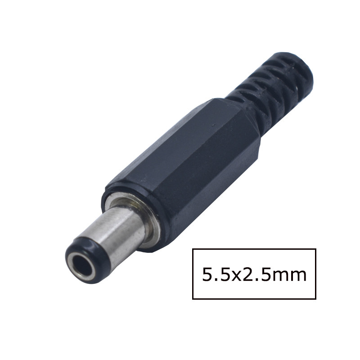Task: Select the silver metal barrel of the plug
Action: pyautogui.click(x=119, y=228)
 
